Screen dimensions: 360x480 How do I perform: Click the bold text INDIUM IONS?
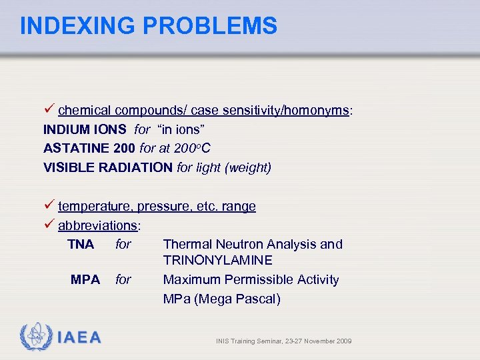[x=85, y=129]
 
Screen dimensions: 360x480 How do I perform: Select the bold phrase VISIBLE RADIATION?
[x=107, y=167]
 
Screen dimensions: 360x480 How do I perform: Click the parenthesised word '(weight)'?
[x=248, y=167]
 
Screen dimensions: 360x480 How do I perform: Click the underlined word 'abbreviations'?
[x=97, y=225]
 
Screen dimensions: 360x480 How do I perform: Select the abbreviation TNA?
[x=81, y=244]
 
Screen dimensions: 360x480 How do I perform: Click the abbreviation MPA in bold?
[x=85, y=279]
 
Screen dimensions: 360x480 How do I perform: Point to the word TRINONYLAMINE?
[x=217, y=260]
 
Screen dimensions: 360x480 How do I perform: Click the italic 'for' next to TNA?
[x=123, y=244]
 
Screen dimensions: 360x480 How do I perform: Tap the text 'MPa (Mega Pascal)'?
[x=221, y=299]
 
